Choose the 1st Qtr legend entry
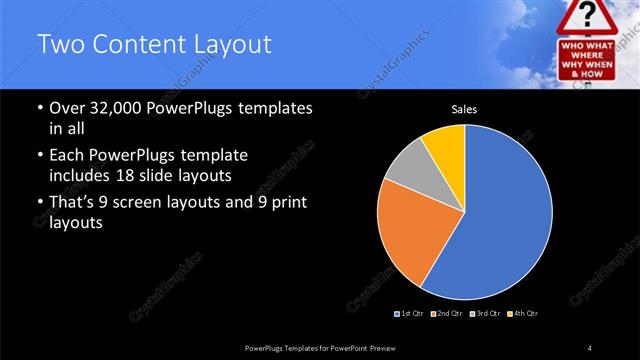[410, 314]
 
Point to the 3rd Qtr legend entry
[483, 314]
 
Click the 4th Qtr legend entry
[521, 314]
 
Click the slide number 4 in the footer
[590, 347]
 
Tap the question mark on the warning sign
[598, 16]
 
